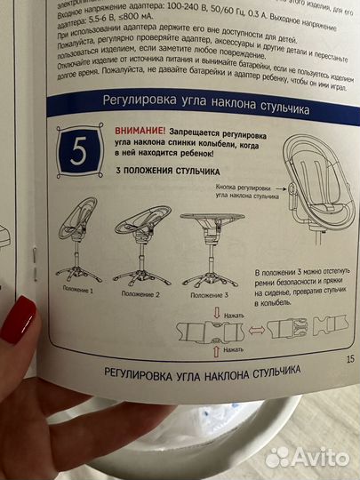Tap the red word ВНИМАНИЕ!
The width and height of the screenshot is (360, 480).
pyautogui.click(x=140, y=130)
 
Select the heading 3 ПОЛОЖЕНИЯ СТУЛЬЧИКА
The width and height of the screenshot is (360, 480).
pyautogui.click(x=159, y=171)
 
